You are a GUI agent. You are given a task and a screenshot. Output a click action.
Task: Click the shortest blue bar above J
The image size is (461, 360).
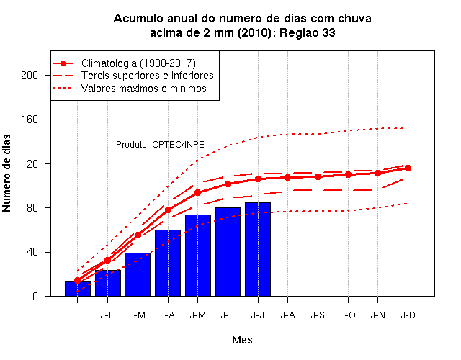pos(78,288)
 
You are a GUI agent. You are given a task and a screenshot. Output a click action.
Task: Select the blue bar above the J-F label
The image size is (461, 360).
pos(108,283)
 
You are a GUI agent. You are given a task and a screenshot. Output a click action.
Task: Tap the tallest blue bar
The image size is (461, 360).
pos(258,249)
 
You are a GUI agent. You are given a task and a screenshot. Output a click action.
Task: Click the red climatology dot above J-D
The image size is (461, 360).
pos(408,168)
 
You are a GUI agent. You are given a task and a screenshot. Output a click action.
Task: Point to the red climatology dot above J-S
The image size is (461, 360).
pos(318,176)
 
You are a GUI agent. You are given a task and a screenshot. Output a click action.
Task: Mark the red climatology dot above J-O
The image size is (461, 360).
pos(348,174)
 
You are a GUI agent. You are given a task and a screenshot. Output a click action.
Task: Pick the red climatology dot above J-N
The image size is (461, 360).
pos(377,173)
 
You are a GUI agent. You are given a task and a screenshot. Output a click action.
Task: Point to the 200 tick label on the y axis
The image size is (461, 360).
pos(30,76)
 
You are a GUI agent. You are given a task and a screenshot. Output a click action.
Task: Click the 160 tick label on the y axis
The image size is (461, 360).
pos(30,120)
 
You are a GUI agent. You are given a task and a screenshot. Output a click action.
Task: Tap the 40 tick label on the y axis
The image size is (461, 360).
pos(32,252)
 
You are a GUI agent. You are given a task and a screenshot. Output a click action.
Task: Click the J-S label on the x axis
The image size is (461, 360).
pos(318,315)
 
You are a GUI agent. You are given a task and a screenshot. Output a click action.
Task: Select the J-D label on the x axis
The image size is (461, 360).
pos(408,315)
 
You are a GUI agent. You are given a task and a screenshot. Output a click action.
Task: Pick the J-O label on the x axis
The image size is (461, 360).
pos(348,315)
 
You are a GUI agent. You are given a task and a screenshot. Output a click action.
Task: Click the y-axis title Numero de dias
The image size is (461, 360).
pos(6,173)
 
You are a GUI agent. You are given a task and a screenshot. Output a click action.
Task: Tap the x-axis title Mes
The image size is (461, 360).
pos(242,340)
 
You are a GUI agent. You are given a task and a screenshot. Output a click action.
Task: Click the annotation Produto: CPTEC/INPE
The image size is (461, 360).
pos(160,145)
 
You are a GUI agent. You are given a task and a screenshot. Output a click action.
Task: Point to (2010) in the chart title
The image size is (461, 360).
pos(254,32)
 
